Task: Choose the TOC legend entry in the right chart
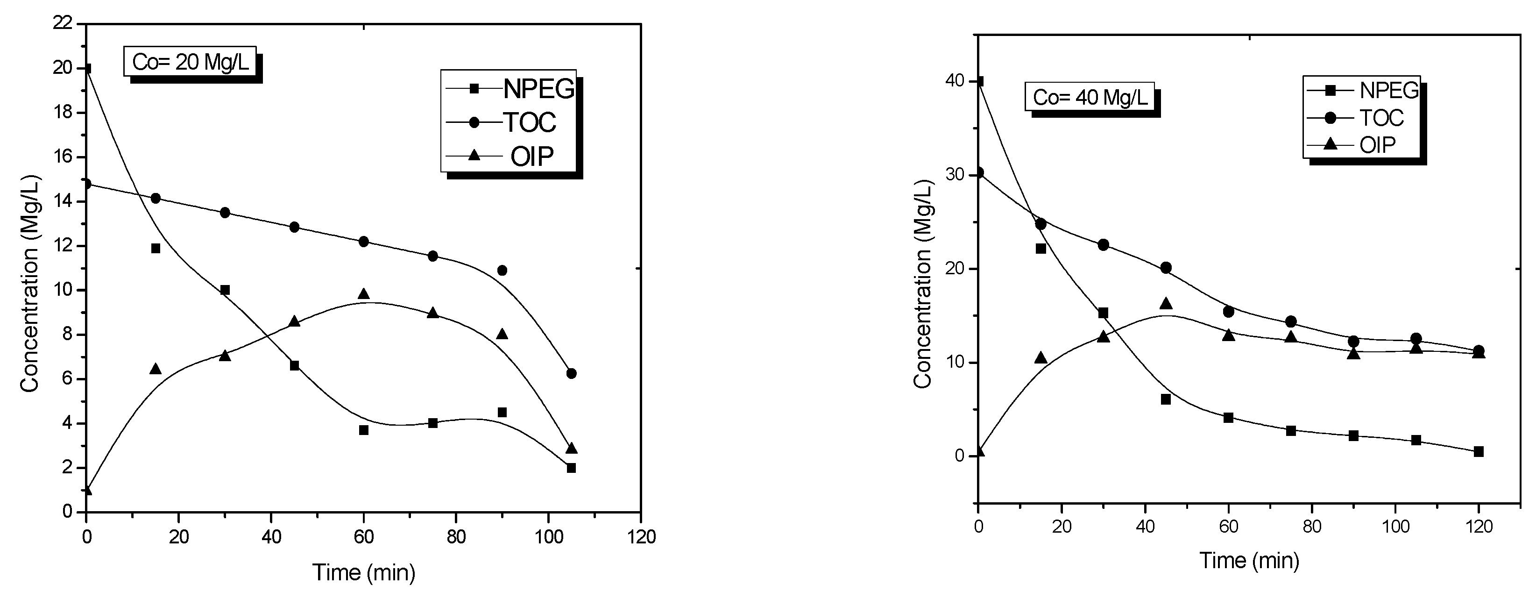[1362, 118]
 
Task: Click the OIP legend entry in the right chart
[1362, 144]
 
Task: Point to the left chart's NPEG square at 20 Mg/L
[87, 69]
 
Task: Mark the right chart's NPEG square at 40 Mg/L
[978, 82]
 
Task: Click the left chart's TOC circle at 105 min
[571, 373]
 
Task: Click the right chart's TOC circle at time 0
[978, 173]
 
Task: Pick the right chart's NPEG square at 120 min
[1479, 452]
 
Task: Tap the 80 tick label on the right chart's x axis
[1312, 527]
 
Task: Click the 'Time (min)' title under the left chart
[364, 573]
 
